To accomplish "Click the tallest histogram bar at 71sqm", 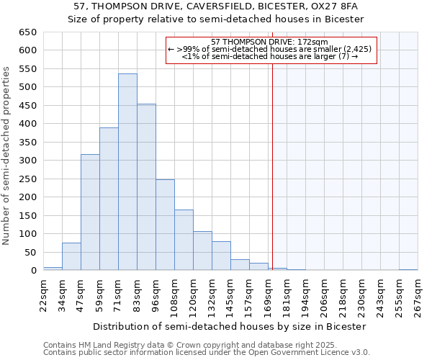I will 127,172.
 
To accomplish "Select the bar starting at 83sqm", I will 146,187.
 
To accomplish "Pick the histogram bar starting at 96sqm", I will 165,225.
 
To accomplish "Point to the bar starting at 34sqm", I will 71,256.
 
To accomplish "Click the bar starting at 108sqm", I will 184,240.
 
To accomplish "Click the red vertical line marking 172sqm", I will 272,158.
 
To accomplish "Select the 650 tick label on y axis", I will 27,32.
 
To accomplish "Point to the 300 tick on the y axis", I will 27,161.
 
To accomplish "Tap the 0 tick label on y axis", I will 33,271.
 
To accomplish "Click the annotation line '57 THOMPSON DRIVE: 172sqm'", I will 271,42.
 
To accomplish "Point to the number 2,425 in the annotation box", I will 356,49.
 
